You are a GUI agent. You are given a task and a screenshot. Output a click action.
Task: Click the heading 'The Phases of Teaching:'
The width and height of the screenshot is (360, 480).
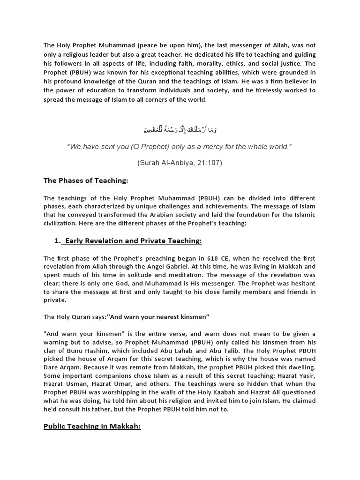tap(86, 180)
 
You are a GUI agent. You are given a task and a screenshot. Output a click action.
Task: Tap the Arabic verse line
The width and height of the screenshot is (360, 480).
tap(180, 129)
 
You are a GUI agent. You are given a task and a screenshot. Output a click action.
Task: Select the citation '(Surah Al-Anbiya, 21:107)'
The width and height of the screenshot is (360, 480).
tap(180, 163)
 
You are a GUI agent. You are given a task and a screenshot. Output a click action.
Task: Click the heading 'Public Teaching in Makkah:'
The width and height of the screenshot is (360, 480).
tap(92, 427)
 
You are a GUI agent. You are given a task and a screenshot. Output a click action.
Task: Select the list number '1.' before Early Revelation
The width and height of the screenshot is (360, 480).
tap(58, 240)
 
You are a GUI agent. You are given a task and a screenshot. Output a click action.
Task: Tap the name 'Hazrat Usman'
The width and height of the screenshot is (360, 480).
tap(64, 383)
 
